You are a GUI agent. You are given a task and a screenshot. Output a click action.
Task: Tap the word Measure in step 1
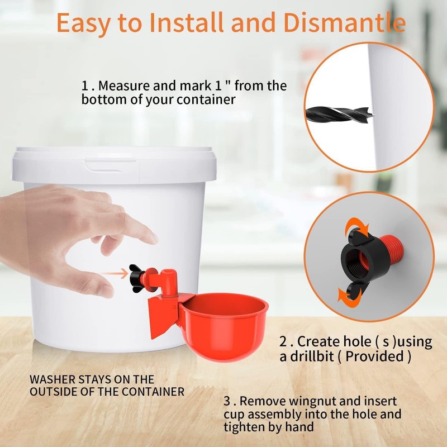[122, 87]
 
